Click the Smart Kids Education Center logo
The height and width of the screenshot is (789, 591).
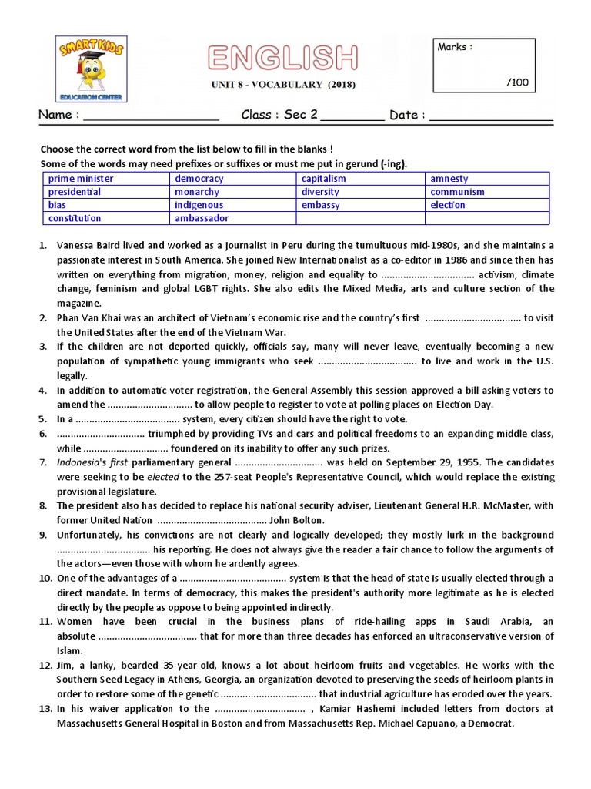pyautogui.click(x=92, y=69)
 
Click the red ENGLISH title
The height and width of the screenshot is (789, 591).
pyautogui.click(x=282, y=59)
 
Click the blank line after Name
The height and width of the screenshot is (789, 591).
pyautogui.click(x=150, y=116)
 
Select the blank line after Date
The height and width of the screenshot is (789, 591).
pyautogui.click(x=490, y=116)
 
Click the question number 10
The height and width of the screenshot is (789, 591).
pyautogui.click(x=45, y=578)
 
